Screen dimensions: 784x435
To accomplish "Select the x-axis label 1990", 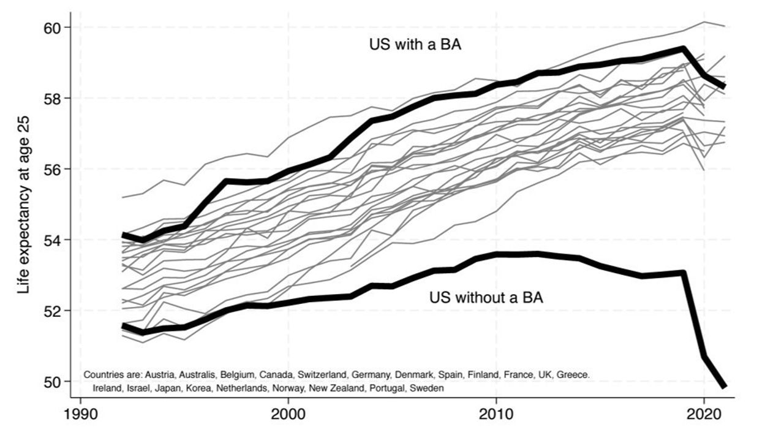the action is click(81, 415).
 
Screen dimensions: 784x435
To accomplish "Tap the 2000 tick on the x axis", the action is click(288, 415).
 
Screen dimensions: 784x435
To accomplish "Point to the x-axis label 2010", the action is click(496, 415).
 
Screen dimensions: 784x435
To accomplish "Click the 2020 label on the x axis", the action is click(704, 415).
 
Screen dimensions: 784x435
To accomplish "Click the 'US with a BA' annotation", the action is click(415, 45).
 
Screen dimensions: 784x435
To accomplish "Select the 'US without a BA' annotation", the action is click(486, 298).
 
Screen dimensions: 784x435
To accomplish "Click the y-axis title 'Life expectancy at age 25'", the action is click(24, 205).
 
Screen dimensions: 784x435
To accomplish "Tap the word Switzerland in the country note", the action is click(322, 375).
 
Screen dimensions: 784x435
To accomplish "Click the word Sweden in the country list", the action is click(427, 388).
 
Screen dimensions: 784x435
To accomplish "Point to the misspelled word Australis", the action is click(197, 375).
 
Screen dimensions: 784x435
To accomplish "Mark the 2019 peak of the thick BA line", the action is click(683, 48).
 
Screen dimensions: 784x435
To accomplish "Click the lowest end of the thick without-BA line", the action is click(724, 387).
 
